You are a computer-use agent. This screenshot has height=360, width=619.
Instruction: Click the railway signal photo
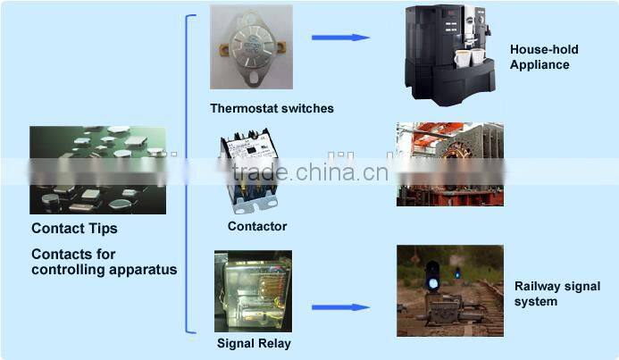coord(448,290)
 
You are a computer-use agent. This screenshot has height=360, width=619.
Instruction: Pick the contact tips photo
coord(97,170)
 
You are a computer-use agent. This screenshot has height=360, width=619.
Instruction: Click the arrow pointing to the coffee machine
coord(340,38)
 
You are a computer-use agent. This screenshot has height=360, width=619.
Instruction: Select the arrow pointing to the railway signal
coord(340,307)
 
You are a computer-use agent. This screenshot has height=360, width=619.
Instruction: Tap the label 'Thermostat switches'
coord(272,109)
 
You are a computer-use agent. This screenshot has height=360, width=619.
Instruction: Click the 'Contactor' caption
coord(257,226)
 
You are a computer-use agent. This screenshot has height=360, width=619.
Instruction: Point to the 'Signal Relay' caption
coord(254,343)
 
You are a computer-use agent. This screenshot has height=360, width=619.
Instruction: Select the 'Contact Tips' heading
coord(74,229)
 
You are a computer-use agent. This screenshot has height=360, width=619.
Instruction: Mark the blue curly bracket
coord(188,174)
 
